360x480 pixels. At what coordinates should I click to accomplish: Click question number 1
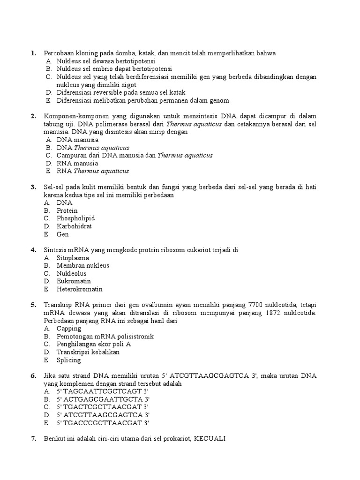click(33, 53)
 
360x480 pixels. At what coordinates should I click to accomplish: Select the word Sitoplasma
click(73, 258)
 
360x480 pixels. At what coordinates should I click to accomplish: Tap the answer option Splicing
click(69, 360)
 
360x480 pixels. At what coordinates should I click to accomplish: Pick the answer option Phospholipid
click(75, 218)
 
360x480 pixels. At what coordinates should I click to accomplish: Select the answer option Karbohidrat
click(74, 226)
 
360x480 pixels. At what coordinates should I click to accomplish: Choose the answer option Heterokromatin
click(79, 289)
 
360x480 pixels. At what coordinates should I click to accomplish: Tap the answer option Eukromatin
click(74, 281)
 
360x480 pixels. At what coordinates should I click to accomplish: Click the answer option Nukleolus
click(72, 273)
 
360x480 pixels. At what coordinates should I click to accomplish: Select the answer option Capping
click(69, 329)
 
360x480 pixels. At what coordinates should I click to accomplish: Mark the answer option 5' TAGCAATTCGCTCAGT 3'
click(103, 391)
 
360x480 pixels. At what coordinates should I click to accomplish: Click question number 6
click(33, 376)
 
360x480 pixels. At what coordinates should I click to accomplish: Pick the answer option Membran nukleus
click(83, 266)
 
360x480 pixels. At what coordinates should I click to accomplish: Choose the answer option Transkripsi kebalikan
click(88, 352)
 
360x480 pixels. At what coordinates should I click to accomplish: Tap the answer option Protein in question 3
click(67, 210)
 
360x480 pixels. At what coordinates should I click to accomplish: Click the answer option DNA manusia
click(77, 140)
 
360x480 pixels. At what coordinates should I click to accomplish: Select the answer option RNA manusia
click(77, 163)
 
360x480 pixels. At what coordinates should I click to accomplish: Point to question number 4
click(33, 250)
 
